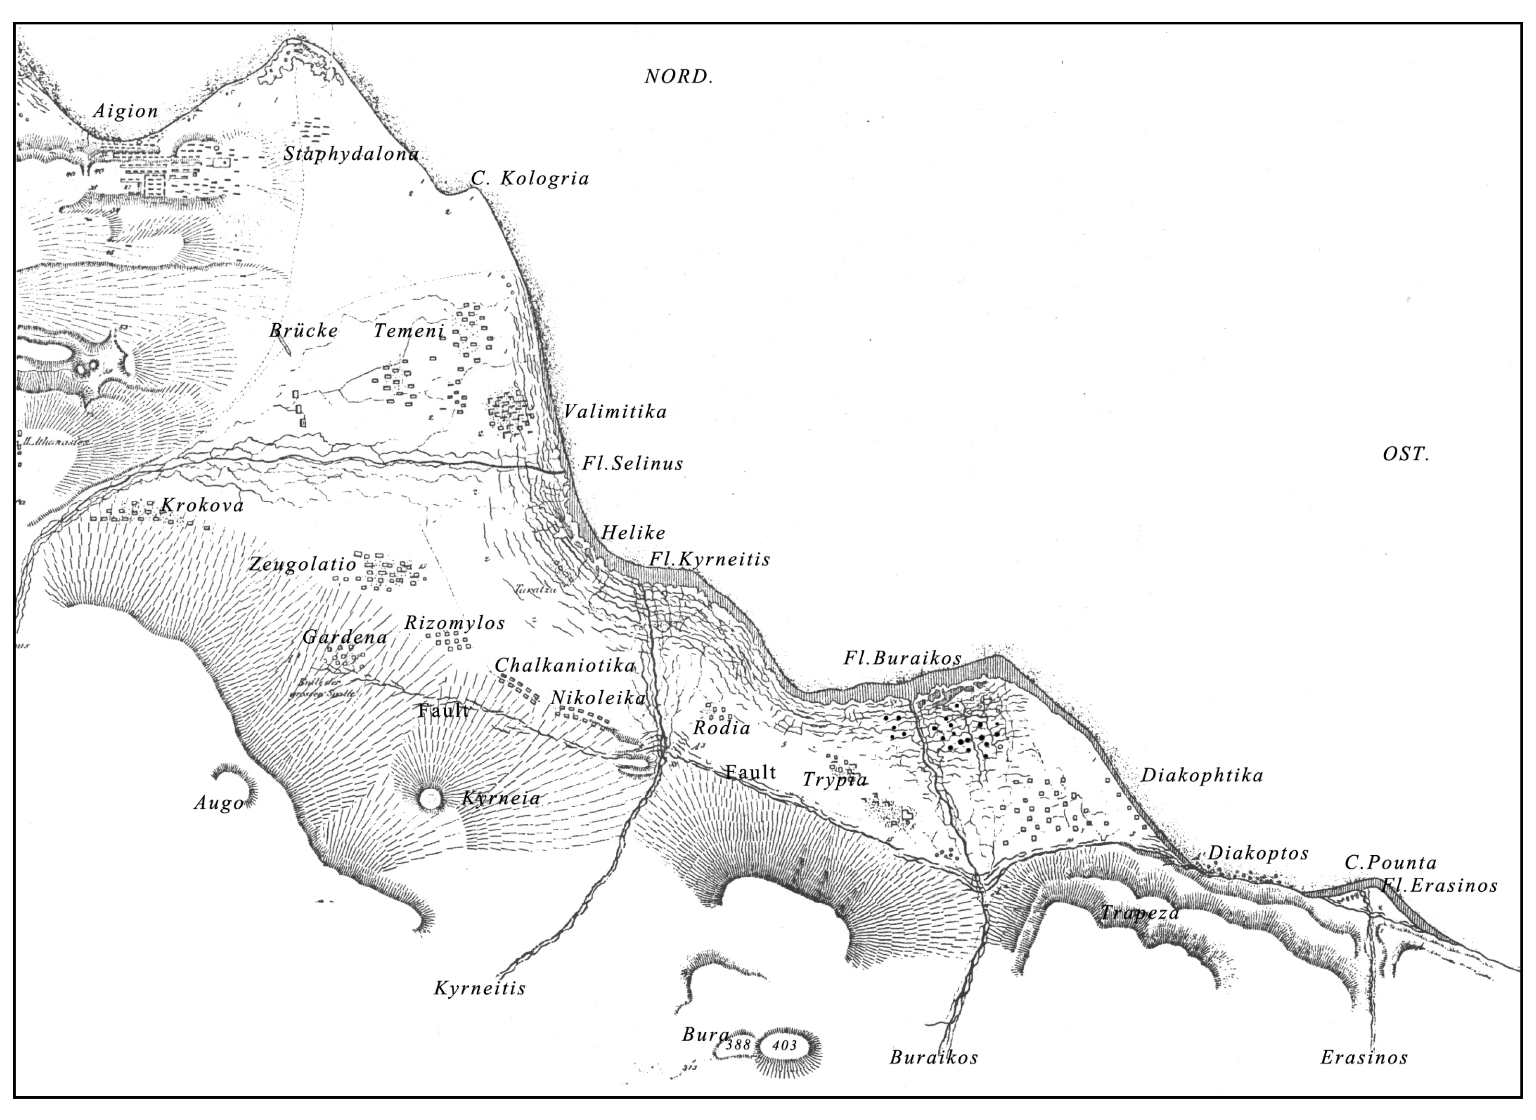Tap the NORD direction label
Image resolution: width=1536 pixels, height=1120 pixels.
click(678, 77)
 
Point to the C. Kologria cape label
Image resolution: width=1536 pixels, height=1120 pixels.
click(530, 178)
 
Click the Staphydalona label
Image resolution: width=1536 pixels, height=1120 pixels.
click(351, 154)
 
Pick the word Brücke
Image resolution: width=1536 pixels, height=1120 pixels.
click(303, 331)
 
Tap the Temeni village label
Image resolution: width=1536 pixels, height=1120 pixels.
click(409, 331)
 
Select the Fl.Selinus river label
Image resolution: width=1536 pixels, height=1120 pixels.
click(632, 464)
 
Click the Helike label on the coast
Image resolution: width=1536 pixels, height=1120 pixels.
click(633, 533)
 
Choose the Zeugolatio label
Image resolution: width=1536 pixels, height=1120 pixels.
click(302, 564)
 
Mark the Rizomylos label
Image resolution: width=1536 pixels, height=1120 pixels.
click(454, 623)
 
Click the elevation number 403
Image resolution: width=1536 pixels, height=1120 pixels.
click(785, 1046)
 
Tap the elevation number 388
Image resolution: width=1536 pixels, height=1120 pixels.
click(738, 1045)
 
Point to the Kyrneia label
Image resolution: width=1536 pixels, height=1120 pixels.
click(501, 798)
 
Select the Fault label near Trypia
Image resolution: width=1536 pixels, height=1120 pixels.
click(750, 772)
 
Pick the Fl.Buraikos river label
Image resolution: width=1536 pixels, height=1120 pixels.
click(902, 658)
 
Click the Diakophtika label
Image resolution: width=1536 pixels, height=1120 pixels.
click(1202, 775)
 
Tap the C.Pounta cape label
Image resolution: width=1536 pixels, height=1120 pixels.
click(1390, 863)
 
